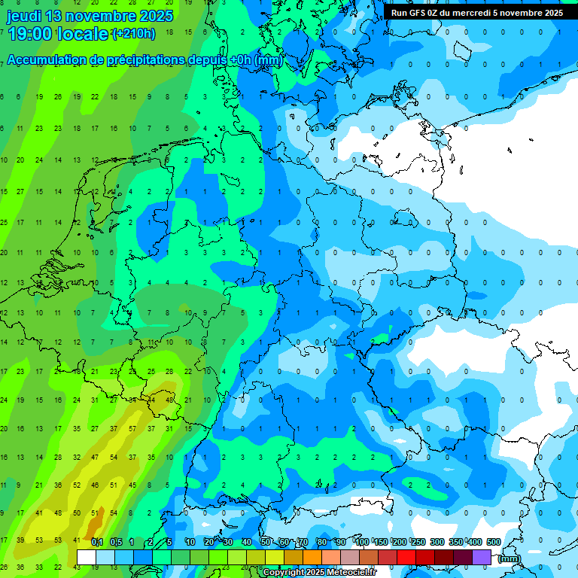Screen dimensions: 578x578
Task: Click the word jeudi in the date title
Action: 26,16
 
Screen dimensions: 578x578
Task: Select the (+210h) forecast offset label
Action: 133,34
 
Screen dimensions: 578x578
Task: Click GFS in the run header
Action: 418,13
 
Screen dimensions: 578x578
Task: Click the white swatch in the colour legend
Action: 87,557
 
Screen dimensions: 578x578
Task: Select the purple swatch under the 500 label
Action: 482,557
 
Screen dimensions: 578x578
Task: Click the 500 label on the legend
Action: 494,542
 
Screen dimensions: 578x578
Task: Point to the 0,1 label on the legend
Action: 96,542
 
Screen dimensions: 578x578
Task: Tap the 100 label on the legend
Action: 362,542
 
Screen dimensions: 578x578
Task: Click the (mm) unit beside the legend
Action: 510,558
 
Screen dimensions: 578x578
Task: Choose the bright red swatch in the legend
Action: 406,557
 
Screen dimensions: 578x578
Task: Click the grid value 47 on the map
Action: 95,457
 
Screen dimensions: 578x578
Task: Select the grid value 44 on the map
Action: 151,400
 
